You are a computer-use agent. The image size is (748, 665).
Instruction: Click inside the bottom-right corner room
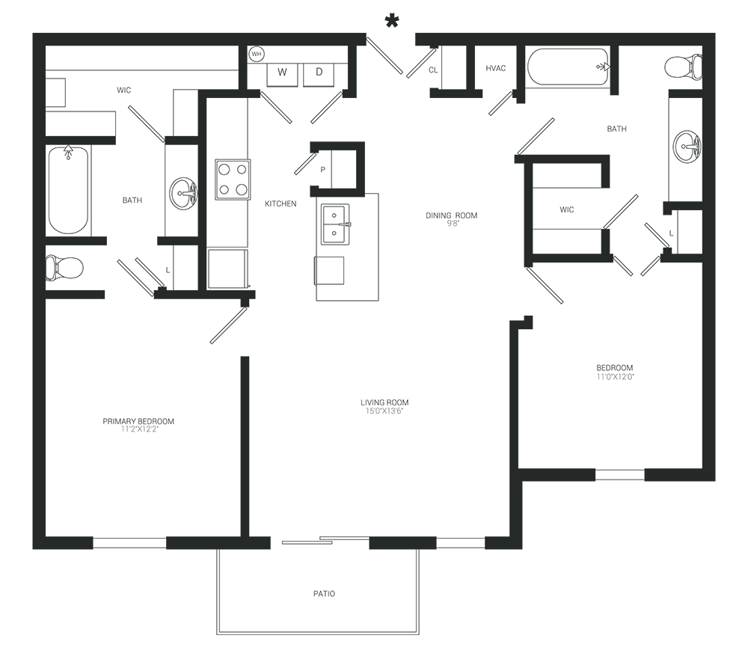click(610, 396)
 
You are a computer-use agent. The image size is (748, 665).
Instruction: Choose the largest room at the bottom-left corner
click(146, 419)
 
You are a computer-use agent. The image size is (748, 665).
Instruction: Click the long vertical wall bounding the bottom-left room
click(246, 449)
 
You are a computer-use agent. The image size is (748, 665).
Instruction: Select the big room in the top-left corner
click(123, 187)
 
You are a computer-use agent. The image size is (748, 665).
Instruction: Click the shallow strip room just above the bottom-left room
click(123, 266)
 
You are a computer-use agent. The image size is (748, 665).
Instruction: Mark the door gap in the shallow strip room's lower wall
click(131, 292)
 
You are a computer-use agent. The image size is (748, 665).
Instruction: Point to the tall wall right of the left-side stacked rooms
click(209, 194)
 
